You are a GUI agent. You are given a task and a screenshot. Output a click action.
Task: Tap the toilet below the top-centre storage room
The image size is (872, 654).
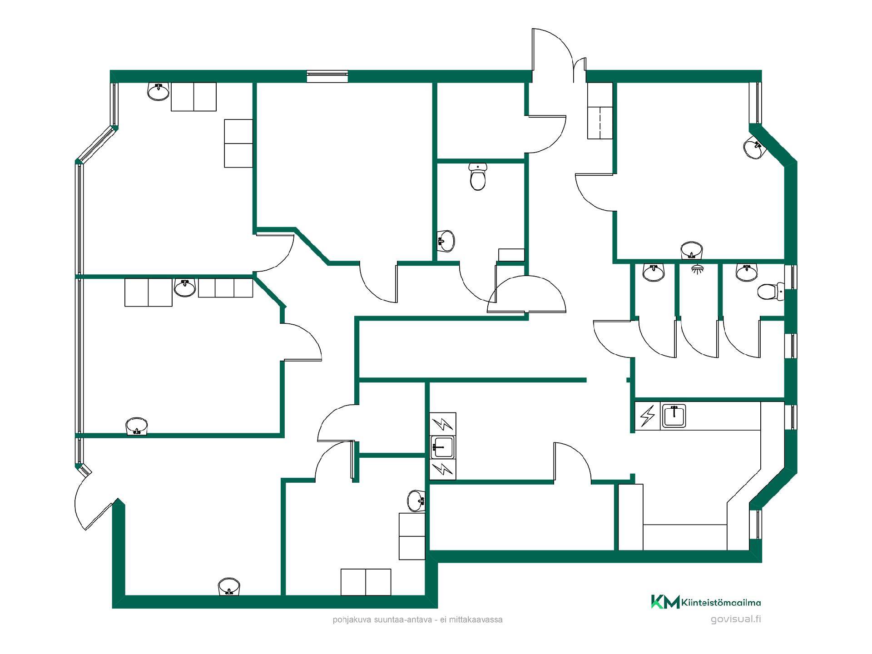click(477, 177)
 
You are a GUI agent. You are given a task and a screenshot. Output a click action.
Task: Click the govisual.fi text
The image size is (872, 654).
click(736, 619)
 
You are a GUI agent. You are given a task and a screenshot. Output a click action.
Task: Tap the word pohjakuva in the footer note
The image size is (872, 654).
click(347, 620)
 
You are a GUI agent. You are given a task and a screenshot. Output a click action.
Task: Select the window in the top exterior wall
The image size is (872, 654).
click(327, 76)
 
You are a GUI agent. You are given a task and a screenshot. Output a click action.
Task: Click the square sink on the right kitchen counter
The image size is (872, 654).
click(674, 416)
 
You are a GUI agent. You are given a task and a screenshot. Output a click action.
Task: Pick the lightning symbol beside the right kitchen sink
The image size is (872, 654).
click(648, 416)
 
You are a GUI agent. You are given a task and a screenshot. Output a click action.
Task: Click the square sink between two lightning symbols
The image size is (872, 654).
click(442, 447)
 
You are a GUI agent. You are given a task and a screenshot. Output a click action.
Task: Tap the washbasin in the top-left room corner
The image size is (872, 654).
click(159, 91)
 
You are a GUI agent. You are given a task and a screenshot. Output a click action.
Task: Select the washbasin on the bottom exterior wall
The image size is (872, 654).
click(229, 587)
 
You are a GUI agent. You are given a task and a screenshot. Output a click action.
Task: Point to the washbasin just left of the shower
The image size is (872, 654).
click(654, 272)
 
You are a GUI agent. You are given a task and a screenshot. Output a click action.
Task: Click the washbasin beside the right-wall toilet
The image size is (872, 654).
click(747, 272)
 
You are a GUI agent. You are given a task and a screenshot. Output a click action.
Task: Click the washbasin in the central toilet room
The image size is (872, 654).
click(446, 240)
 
